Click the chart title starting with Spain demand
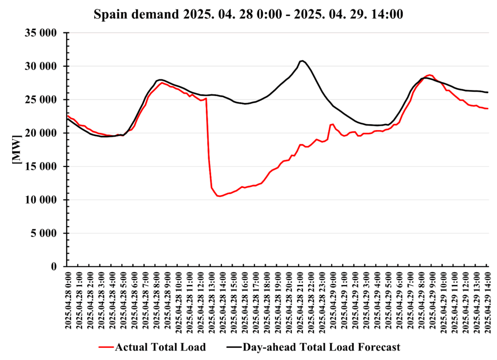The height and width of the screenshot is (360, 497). (x=248, y=14)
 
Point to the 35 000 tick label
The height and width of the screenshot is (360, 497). (x=41, y=33)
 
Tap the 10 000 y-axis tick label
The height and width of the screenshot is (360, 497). (x=41, y=200)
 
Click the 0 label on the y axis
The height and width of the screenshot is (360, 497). (x=55, y=267)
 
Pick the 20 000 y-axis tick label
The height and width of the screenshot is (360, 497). (x=41, y=133)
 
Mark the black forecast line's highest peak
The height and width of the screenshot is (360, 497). (x=302, y=61)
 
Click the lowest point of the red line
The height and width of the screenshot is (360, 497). (x=219, y=196)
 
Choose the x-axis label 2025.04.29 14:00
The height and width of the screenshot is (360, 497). (x=487, y=300)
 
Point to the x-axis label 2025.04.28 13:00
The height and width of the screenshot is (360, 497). (x=212, y=300)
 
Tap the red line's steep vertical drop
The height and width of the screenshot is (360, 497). (x=209, y=146)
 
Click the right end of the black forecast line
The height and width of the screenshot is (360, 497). (x=488, y=92)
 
